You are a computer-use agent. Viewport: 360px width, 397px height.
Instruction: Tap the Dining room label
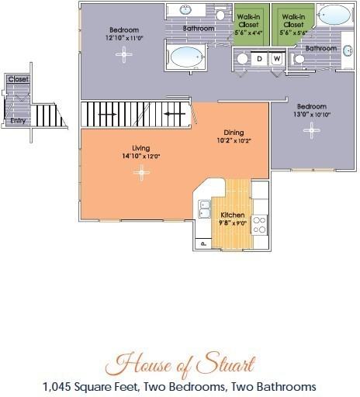pos(234,132)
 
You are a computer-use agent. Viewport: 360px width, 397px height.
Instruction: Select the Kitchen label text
pos(234,214)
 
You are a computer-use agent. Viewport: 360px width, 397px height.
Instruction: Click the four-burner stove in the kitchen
pos(260,224)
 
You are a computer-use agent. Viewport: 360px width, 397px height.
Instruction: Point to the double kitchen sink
pos(205,208)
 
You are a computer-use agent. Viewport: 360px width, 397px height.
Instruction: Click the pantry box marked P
pos(202,243)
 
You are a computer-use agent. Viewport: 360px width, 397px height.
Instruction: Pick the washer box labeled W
pos(275,58)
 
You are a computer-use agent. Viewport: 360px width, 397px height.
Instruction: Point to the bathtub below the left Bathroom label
pos(186,57)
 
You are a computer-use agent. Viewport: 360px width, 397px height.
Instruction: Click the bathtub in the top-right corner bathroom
pos(335,15)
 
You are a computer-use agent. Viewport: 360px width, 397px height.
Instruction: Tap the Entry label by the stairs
pos(16,121)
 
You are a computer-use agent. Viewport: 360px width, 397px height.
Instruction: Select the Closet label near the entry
pos(17,79)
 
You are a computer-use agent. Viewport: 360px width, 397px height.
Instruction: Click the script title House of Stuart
pos(181,361)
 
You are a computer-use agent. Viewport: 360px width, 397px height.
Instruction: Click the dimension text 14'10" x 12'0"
pos(141,156)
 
